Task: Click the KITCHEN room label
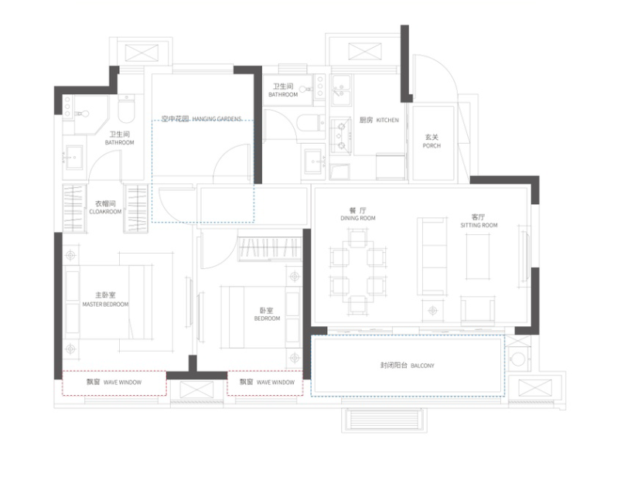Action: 387,120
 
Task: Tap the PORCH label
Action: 432,145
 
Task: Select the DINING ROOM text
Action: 358,218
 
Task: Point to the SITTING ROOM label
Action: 479,225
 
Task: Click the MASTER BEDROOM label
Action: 105,304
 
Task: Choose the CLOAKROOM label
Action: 105,212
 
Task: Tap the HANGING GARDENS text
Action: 217,119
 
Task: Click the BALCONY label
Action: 422,366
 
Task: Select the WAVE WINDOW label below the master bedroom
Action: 122,383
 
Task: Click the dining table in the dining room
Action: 357,273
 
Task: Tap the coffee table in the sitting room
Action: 478,257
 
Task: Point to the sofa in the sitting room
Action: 432,256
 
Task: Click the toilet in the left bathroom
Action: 126,109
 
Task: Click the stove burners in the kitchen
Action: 340,135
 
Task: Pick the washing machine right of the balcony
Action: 518,359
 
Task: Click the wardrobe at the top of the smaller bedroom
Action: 270,249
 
